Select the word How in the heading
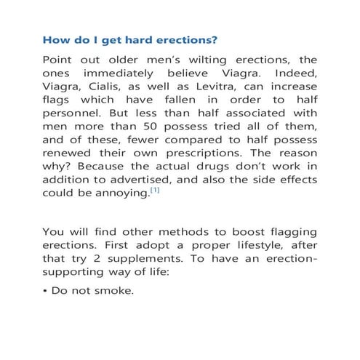click(x=56, y=38)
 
